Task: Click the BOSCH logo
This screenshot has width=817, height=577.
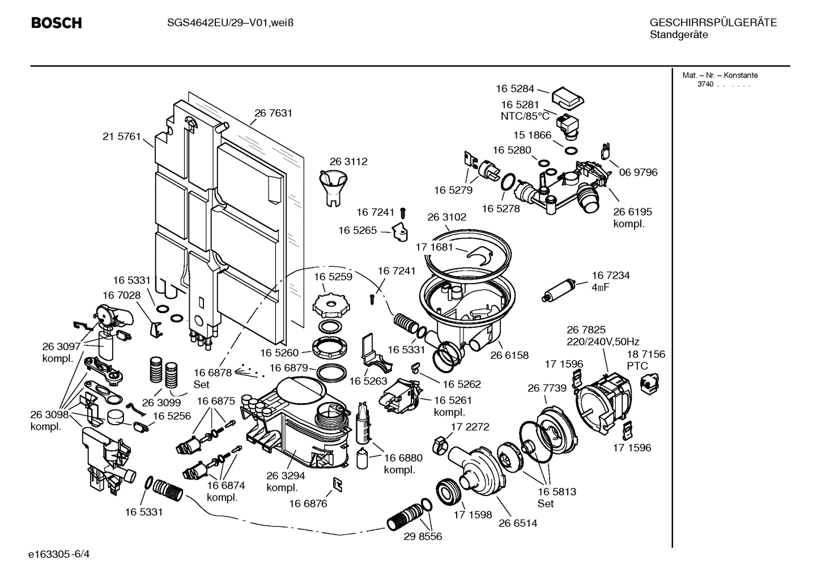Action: [x=56, y=23]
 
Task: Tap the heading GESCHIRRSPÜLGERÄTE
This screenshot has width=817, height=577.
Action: [x=713, y=23]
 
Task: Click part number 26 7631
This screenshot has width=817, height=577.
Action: [x=273, y=113]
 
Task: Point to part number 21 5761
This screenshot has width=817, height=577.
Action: [x=121, y=136]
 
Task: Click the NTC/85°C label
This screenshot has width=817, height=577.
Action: [x=525, y=116]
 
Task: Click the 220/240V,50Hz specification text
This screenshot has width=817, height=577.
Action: [x=603, y=341]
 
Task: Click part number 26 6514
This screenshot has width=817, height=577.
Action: [x=518, y=523]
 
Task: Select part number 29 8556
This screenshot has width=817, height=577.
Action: [x=423, y=536]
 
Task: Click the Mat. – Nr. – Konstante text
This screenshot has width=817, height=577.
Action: [x=720, y=75]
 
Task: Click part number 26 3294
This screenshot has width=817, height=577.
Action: [x=286, y=476]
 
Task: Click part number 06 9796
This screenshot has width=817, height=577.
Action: [x=638, y=172]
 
